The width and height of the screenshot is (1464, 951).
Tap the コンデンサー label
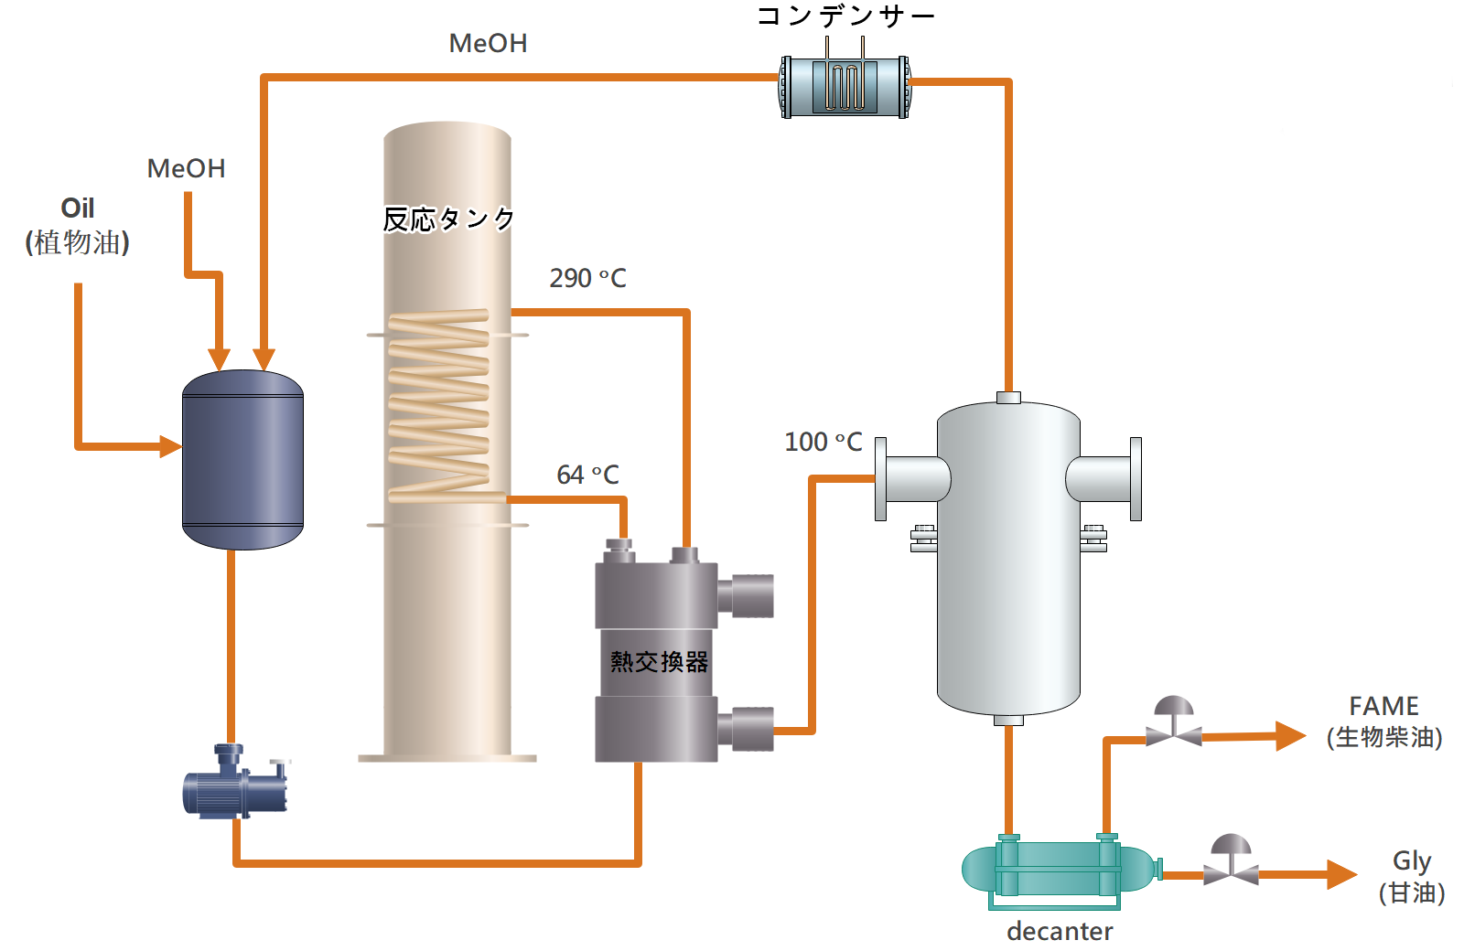845,16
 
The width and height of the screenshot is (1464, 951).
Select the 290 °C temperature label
587,278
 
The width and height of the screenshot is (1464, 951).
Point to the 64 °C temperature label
587,475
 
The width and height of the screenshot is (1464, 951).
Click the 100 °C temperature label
823,443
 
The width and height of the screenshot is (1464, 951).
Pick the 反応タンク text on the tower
448,219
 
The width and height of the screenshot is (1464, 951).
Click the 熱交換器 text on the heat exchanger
659,662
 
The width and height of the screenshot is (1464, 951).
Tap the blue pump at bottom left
235,782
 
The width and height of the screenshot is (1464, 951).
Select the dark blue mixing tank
242,460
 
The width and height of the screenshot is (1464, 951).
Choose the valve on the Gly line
1232,860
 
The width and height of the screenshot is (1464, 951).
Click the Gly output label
1412,877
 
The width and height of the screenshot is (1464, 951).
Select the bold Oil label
77,208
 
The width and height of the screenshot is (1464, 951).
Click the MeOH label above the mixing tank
187,168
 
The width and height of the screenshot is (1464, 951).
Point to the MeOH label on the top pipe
489,43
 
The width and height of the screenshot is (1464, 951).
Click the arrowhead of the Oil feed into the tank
171,447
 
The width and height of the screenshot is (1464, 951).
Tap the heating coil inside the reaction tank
439,406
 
